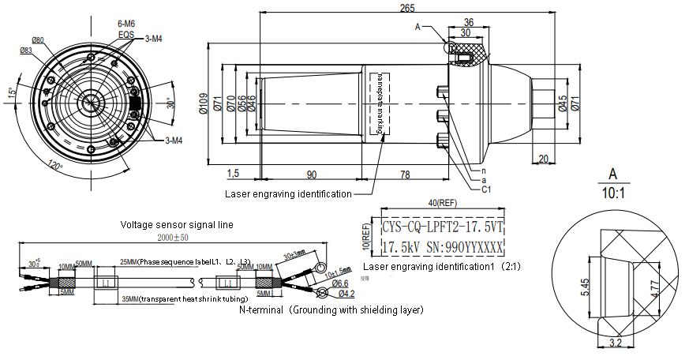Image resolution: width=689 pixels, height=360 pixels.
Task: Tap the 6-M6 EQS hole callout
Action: (x=126, y=30)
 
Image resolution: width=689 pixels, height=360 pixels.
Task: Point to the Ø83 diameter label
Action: (x=26, y=50)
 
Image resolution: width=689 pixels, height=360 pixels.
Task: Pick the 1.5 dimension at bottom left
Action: (x=233, y=174)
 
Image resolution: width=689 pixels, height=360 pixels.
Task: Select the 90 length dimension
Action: (x=311, y=174)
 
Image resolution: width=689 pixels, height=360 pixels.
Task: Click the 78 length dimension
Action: (x=405, y=174)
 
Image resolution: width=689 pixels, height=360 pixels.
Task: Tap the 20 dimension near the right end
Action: (x=543, y=159)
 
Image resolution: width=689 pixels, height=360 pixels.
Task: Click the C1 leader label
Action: (x=487, y=189)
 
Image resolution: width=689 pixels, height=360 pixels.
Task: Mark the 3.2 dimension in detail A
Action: (x=617, y=343)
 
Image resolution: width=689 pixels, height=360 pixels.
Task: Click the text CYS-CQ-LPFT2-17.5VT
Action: (x=442, y=227)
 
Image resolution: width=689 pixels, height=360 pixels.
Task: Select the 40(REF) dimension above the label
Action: (x=441, y=204)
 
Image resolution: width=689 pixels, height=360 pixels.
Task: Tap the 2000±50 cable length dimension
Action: (x=173, y=238)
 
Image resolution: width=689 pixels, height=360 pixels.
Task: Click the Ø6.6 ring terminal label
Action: (x=340, y=283)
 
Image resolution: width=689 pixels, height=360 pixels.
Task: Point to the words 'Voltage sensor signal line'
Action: (x=176, y=224)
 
